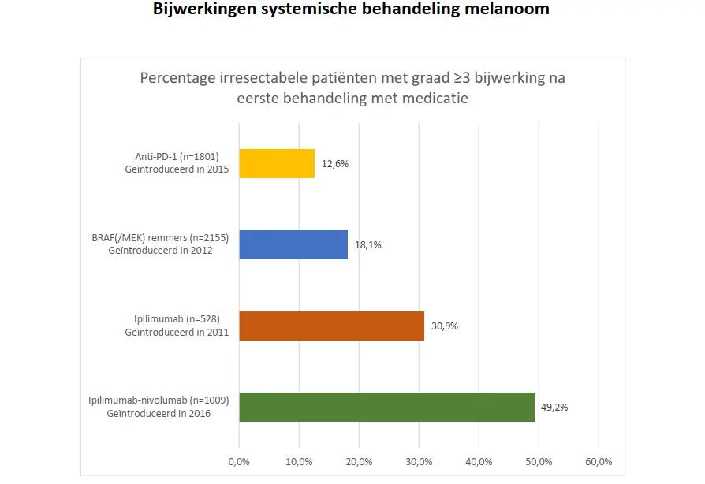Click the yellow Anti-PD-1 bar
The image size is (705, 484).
pyautogui.click(x=277, y=163)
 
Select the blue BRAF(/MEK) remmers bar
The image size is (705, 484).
pyautogui.click(x=293, y=244)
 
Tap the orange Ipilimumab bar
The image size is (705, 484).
pyautogui.click(x=331, y=326)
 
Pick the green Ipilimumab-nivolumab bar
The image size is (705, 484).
pyautogui.click(x=386, y=407)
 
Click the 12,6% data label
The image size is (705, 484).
pyautogui.click(x=335, y=164)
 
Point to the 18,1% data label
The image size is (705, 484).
pyautogui.click(x=368, y=245)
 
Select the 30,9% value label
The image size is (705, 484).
pyautogui.click(x=445, y=326)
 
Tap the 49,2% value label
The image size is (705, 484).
pyautogui.click(x=554, y=408)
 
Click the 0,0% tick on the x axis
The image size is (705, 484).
pyautogui.click(x=239, y=461)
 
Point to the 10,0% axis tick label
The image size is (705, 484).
pyautogui.click(x=299, y=461)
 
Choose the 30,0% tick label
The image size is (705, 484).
pyautogui.click(x=419, y=461)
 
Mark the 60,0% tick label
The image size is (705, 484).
pyautogui.click(x=599, y=461)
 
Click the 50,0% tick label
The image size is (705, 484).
pyautogui.click(x=539, y=461)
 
